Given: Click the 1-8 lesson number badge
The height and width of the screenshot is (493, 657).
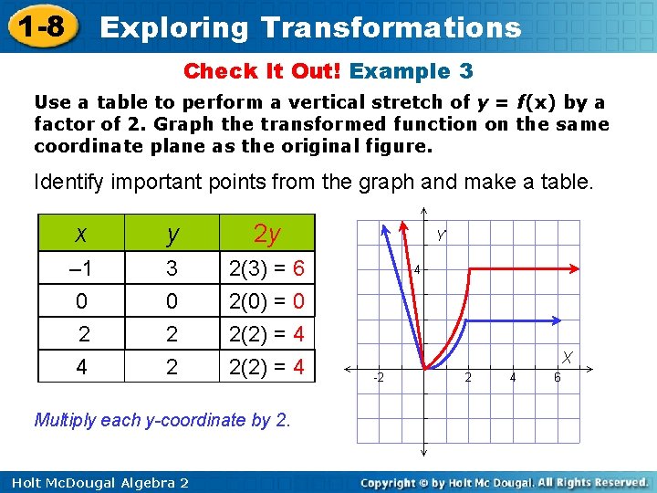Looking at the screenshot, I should (x=39, y=26).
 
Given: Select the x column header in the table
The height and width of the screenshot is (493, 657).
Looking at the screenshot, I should (x=81, y=235).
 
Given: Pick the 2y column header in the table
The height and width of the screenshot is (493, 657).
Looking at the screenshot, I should (x=267, y=235).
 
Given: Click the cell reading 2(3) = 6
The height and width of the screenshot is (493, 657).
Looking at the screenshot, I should (x=266, y=270).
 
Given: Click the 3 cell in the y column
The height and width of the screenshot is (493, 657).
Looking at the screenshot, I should (x=171, y=270).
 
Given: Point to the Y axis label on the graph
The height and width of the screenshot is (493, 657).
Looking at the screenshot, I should (x=441, y=236).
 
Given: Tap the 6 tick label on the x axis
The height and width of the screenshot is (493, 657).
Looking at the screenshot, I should (x=558, y=377).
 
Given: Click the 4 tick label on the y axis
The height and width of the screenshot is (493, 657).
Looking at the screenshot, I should (x=415, y=270).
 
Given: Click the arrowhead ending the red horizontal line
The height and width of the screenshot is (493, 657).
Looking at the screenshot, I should (x=577, y=268).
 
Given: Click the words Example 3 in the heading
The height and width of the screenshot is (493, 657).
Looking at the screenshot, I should (x=411, y=71).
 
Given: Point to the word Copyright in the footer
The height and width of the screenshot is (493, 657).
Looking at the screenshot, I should (x=393, y=482).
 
